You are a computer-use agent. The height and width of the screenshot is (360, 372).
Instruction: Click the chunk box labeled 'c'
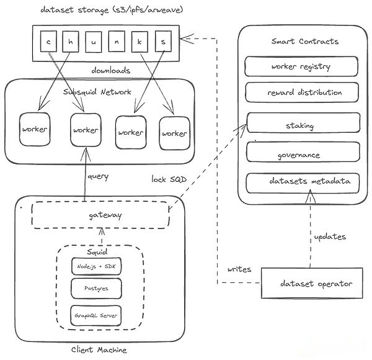point(48,41)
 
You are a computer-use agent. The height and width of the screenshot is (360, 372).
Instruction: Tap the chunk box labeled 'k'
point(139,42)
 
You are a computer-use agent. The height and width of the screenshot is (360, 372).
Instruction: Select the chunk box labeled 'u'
point(93,42)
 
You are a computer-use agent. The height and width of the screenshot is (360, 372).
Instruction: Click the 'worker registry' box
point(301,66)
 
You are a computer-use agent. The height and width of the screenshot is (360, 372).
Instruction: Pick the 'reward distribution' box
point(302,92)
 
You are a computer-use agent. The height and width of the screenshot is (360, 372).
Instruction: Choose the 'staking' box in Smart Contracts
point(303,122)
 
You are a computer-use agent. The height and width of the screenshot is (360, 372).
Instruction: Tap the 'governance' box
point(303,152)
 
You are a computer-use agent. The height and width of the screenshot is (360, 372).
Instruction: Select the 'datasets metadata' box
point(303,183)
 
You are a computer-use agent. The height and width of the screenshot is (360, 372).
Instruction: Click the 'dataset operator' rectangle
point(312,283)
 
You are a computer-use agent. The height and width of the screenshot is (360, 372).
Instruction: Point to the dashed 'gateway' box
point(100,215)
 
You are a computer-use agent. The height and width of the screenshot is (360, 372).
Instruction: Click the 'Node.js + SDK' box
point(96,266)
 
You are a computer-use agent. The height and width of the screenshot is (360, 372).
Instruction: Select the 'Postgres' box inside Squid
point(96,288)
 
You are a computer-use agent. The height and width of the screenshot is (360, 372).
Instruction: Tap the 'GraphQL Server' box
point(96,315)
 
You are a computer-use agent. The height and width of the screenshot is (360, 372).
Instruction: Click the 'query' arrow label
point(98,176)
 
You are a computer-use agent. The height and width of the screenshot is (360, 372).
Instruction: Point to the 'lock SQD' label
point(169,179)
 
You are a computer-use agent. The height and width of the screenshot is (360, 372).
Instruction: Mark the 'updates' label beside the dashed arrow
point(330,236)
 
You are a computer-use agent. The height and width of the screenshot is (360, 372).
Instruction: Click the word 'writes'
point(239,269)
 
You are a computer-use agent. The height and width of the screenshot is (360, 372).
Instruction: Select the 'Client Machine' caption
point(99,349)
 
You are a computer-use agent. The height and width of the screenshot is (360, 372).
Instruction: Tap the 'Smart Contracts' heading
point(305,42)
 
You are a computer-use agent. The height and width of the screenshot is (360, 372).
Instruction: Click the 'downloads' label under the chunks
point(111,70)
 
